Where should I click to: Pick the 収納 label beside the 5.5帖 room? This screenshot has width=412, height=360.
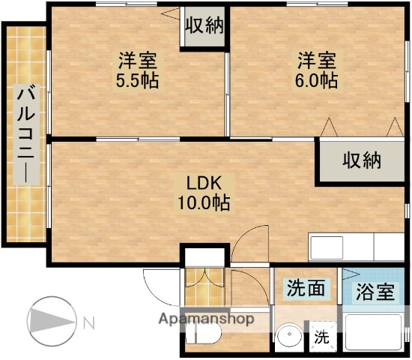coord(204,26)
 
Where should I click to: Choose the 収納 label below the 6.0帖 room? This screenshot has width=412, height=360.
coord(362,160)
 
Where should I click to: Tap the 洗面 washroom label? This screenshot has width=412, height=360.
coord(306,289)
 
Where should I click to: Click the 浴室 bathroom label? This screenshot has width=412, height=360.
coord(374,292)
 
